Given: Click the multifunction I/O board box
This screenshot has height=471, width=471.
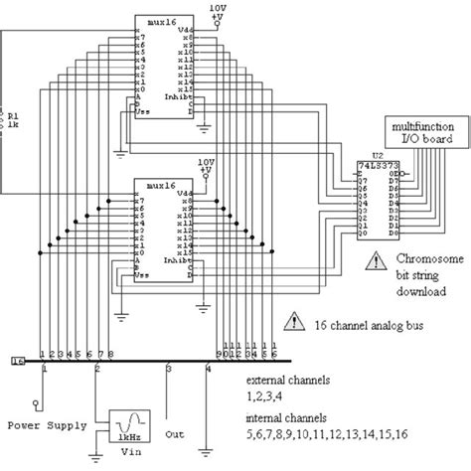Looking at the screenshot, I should (x=421, y=133).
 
